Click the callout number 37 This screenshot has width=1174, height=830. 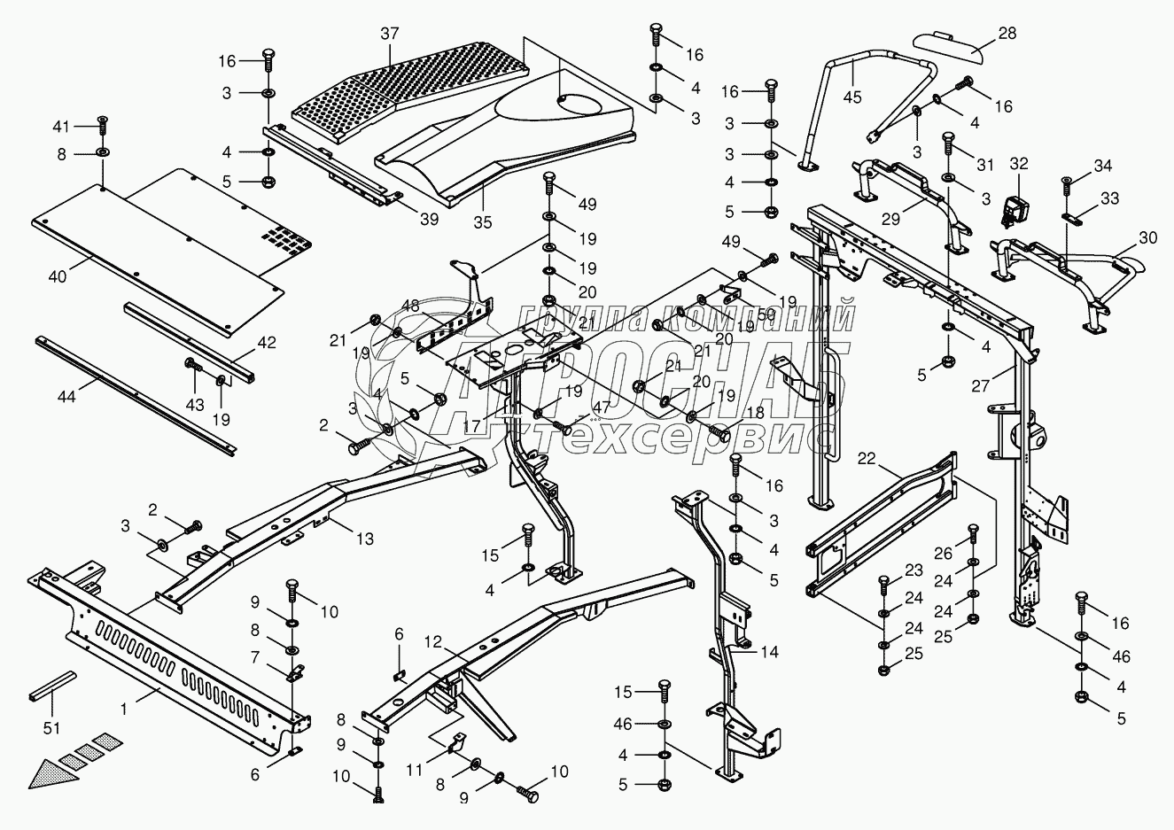[390, 34]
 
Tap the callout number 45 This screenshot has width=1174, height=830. [851, 97]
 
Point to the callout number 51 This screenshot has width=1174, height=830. [51, 728]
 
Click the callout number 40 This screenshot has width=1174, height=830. [58, 276]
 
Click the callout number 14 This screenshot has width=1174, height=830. [769, 653]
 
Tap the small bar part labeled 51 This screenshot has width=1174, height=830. [53, 685]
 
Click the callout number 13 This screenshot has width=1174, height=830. [365, 539]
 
